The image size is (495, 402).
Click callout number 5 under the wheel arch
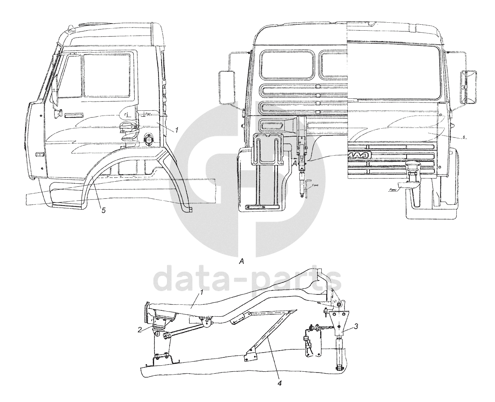point(104,210)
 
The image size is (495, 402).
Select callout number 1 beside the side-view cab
point(177,130)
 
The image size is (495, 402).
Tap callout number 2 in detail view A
point(140,329)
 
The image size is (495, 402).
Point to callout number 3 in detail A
point(356,326)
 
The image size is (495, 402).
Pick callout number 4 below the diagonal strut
point(280,383)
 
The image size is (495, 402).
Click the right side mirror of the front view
point(468,86)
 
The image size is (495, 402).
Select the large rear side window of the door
point(106,75)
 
